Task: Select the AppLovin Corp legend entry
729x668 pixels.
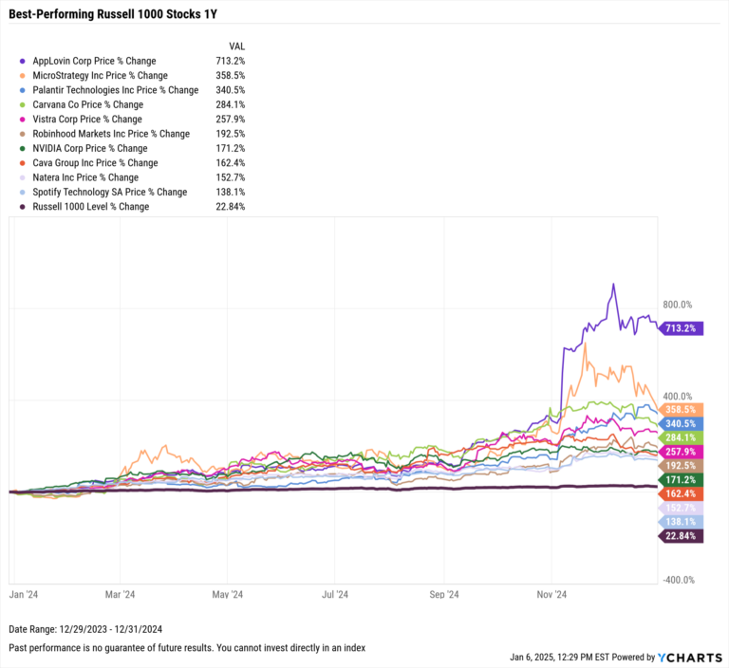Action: (94, 61)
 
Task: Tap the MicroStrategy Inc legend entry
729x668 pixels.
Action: (100, 75)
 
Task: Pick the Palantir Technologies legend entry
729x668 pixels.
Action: (115, 90)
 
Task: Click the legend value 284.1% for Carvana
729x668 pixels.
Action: (230, 104)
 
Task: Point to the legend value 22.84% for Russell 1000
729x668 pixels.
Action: (230, 206)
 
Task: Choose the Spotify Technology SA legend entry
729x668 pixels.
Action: (109, 192)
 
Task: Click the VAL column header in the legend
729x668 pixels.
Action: (238, 46)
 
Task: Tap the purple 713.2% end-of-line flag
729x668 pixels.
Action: (682, 328)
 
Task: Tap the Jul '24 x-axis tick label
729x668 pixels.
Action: (336, 595)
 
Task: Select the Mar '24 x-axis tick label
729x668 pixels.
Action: (121, 595)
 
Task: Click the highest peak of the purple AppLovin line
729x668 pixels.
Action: (613, 285)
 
